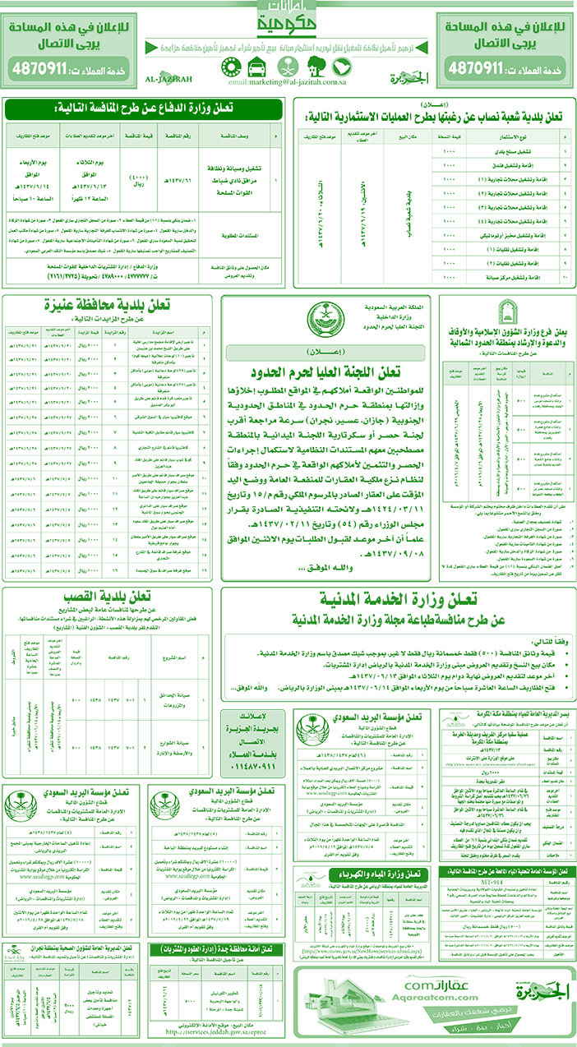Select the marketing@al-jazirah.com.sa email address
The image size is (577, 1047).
pos(288,82)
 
